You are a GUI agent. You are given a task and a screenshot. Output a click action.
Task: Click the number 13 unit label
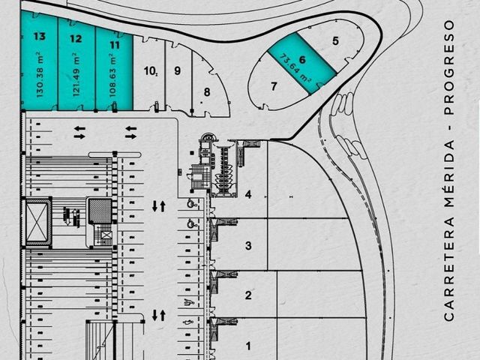click(40, 36)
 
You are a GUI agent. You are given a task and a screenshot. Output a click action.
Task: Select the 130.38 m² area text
click(40, 76)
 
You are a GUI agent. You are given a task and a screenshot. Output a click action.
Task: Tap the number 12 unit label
click(76, 38)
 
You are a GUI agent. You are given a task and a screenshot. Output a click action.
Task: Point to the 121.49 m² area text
click(76, 75)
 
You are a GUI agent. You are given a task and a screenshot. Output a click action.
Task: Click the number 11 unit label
click(115, 45)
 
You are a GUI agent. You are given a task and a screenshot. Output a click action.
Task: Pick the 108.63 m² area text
click(113, 76)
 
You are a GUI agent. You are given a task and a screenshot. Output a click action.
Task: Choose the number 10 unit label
click(150, 71)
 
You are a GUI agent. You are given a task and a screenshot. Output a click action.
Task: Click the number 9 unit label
click(177, 70)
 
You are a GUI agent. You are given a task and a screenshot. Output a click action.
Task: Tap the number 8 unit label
click(207, 91)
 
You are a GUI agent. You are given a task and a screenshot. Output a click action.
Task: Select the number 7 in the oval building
click(274, 86)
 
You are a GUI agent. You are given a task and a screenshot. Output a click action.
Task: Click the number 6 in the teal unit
click(302, 59)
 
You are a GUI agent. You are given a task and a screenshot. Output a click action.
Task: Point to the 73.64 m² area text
click(295, 68)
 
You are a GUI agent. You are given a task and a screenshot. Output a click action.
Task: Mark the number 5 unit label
click(335, 40)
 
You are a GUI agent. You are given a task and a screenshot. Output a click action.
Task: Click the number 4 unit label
click(248, 194)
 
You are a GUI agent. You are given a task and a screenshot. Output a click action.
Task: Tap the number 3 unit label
click(248, 245)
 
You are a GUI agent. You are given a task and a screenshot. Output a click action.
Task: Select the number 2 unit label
click(248, 295)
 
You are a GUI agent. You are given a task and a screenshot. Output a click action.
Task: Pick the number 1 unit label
click(248, 346)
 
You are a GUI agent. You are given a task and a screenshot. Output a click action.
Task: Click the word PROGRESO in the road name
click(449, 67)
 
